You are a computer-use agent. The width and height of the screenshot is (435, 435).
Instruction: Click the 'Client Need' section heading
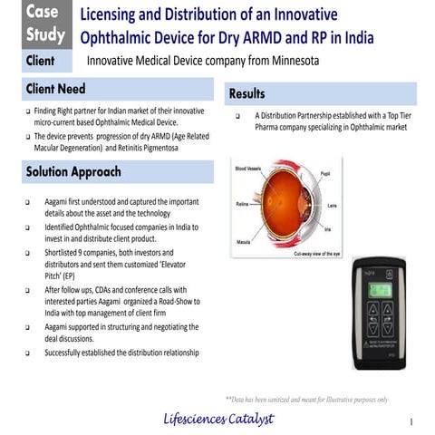pyautogui.click(x=55, y=91)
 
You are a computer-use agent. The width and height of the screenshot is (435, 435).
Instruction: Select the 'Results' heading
pyautogui.click(x=247, y=93)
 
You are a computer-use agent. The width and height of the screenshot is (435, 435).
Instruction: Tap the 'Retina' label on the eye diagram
pyautogui.click(x=243, y=204)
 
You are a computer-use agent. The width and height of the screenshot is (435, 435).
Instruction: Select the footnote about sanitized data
pyautogui.click(x=307, y=399)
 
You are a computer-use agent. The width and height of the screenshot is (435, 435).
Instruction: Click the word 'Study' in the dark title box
pyautogui.click(x=44, y=35)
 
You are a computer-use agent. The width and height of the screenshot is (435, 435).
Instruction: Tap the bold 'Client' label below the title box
pyautogui.click(x=39, y=62)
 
